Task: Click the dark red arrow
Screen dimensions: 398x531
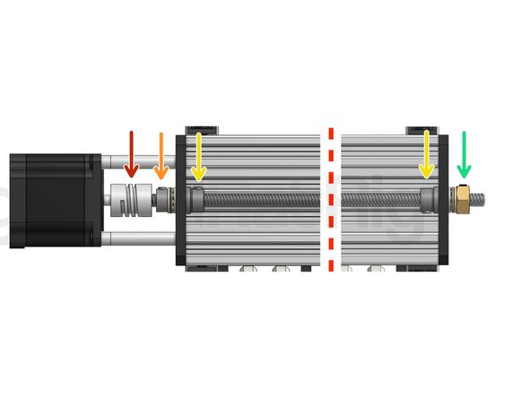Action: coord(131,153)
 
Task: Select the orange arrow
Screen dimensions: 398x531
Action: coord(161,156)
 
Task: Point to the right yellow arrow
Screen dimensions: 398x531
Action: coord(427,153)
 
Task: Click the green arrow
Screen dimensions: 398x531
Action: coord(464,154)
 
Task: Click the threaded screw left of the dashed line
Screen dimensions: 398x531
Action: coord(260,198)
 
